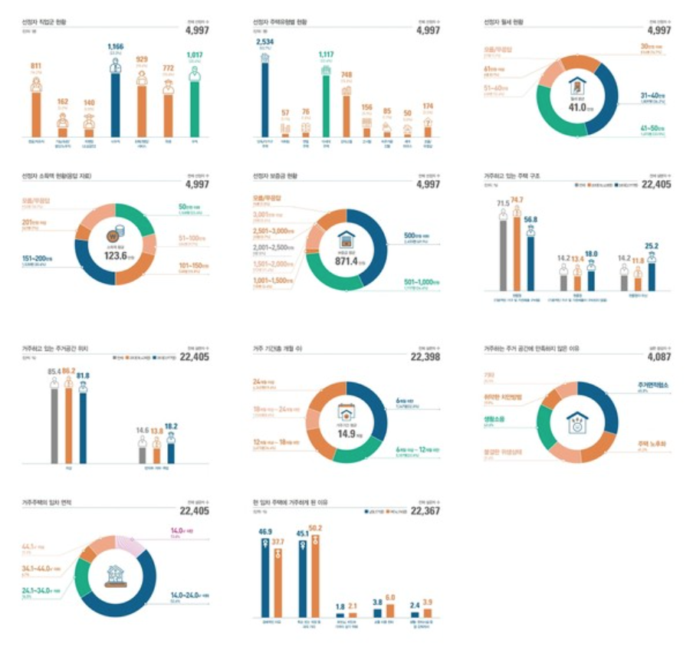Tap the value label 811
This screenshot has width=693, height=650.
pos(36,67)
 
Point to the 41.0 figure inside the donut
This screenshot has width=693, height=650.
pos(576,107)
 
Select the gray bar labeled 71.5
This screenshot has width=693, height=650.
pos(503,253)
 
